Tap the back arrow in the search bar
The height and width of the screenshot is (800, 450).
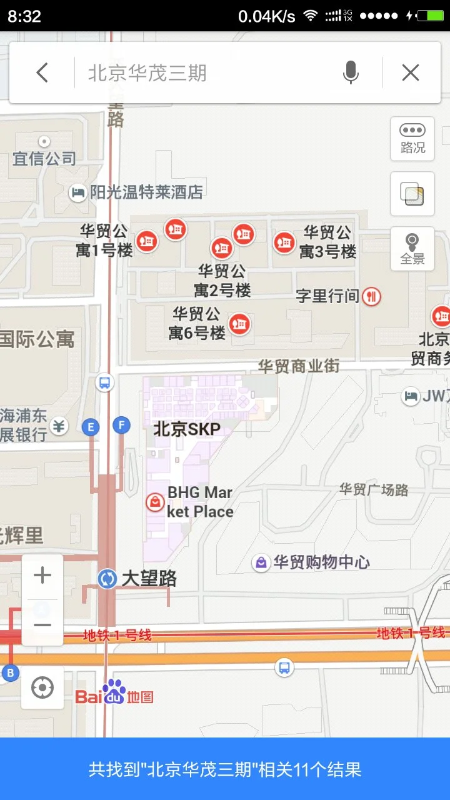pos(42,73)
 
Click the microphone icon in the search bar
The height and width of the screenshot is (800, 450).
pos(351,73)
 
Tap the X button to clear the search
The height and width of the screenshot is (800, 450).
pos(411,73)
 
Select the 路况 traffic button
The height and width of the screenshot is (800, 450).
pos(412,137)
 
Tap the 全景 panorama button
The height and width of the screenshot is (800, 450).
pos(412,248)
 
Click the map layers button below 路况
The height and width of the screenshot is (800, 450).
pos(412,193)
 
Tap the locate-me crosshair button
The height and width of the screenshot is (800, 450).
pos(42,687)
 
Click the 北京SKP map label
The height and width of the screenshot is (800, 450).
pos(187,429)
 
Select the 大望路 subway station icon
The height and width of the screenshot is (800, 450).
pos(107,578)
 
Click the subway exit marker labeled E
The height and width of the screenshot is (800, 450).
pos(91,427)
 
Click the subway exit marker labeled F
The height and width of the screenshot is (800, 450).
pos(121,426)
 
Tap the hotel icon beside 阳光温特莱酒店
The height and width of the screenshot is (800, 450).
pos(77,192)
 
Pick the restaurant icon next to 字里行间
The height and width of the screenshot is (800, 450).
pos(372,296)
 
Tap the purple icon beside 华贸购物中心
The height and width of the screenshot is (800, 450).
pos(261,562)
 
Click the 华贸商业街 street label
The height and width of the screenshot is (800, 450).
pos(299,366)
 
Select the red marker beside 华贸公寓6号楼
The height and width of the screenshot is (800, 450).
pos(239,324)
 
